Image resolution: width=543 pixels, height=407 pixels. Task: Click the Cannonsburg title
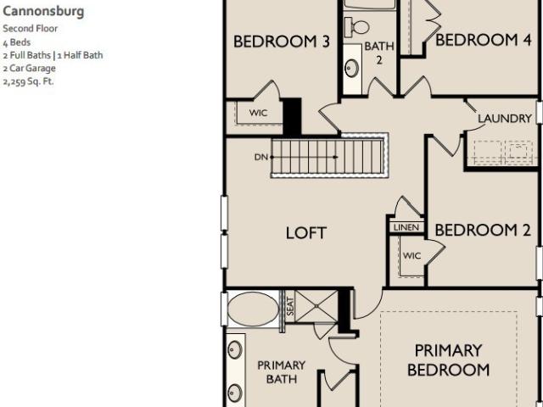point(43,12)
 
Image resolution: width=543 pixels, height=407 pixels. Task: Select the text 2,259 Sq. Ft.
point(28,82)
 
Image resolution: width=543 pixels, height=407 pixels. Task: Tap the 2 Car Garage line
point(29,68)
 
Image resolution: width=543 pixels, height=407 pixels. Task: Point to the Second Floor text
point(31,28)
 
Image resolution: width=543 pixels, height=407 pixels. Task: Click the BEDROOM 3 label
point(281,42)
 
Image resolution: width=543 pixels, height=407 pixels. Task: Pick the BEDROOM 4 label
point(483,40)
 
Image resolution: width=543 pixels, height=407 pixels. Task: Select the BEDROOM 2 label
point(483,230)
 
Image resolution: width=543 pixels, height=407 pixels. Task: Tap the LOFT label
point(306,233)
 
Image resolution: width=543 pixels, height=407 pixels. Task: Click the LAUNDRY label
point(505,119)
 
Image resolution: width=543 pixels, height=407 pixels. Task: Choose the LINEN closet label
point(406,227)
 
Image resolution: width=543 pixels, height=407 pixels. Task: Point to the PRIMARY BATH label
point(281,372)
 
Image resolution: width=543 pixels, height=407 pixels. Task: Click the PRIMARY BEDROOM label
point(449,360)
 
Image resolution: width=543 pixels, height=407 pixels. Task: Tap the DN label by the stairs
point(261,157)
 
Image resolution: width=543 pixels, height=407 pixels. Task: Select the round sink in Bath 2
point(352,68)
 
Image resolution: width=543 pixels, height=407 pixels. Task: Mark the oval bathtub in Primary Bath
point(253,309)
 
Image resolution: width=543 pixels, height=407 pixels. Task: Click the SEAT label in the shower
point(290,307)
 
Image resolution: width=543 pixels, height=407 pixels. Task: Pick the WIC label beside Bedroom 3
point(258,113)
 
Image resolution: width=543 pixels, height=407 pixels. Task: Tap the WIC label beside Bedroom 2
point(411,256)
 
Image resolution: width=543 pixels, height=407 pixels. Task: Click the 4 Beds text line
point(17,42)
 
